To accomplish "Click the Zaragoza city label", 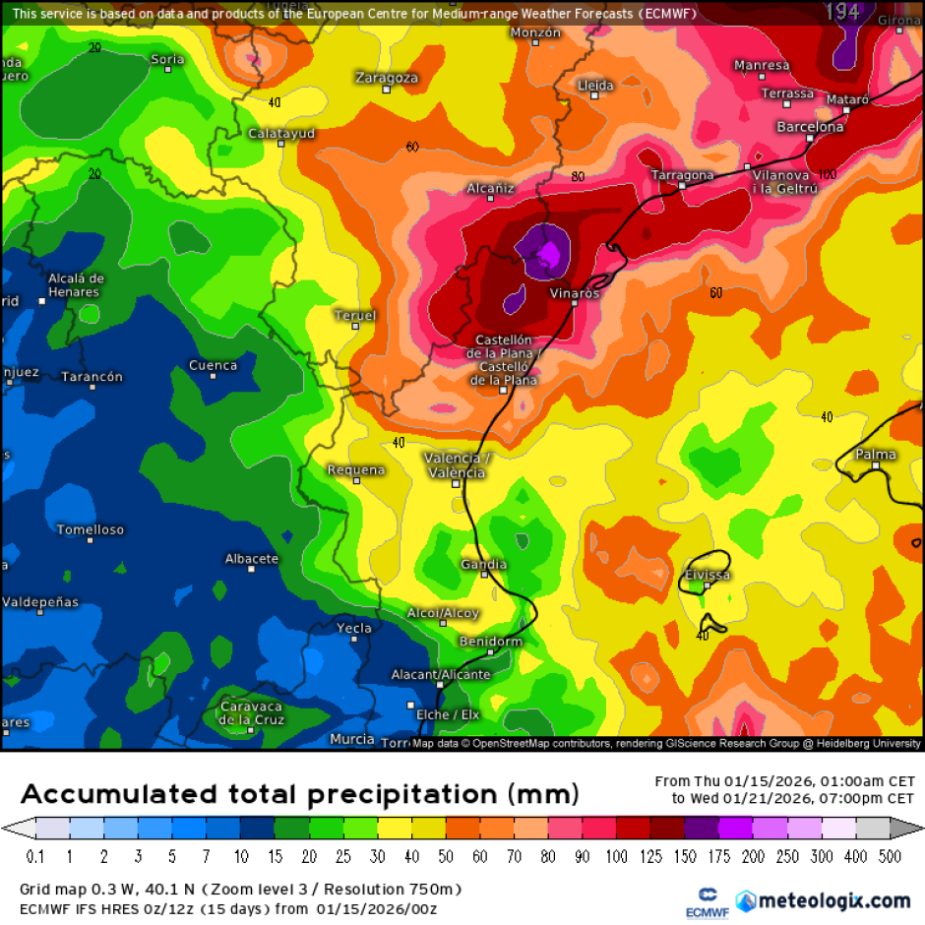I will [387, 78].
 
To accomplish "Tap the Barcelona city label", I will [810, 127].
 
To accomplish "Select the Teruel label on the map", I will [355, 315].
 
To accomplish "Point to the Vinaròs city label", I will [574, 293].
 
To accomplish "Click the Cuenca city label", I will [214, 365].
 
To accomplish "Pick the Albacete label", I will [252, 559].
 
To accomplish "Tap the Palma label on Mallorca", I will [876, 455].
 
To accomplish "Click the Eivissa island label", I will [708, 575].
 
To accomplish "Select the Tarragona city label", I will [683, 175].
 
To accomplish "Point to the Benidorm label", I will [491, 642].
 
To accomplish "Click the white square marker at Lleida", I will [592, 97].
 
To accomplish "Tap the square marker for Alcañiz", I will [490, 200].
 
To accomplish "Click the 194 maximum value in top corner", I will [842, 12].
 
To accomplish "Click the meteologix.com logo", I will [823, 899].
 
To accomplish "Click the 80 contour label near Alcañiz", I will [578, 177].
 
